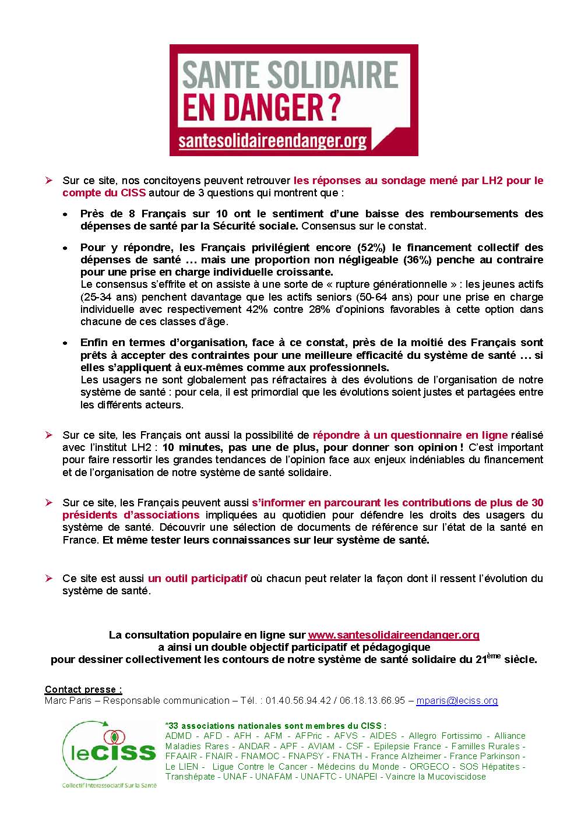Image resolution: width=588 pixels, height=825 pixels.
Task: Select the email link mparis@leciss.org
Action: pos(457,700)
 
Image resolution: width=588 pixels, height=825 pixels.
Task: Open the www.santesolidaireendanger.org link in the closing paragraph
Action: pos(393,634)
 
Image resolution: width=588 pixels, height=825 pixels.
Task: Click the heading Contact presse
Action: pos(83,689)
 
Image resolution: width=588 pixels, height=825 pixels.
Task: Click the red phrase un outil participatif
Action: pos(198,579)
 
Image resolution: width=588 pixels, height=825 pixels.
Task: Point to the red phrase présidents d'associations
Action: pos(131,514)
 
